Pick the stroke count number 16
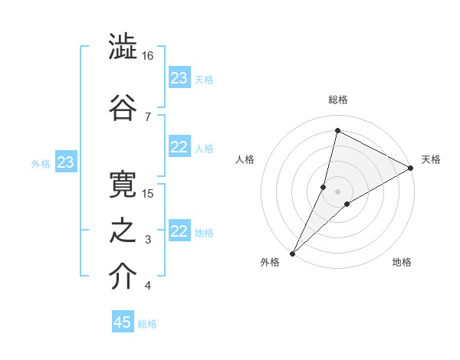click(148, 57)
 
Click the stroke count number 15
click(148, 193)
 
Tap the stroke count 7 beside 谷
click(147, 116)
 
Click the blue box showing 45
click(123, 322)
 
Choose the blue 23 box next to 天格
click(179, 78)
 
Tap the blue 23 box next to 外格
click(66, 162)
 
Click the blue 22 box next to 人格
click(179, 148)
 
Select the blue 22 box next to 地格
click(179, 232)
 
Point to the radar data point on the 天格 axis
click(411, 169)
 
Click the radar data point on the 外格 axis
click(292, 252)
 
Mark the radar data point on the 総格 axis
click(337, 131)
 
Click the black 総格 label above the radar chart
click(338, 100)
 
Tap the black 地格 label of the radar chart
click(402, 263)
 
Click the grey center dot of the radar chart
click(338, 191)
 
